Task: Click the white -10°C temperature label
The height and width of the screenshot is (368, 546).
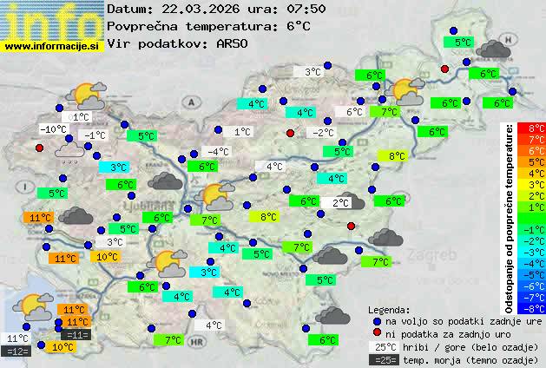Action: pyautogui.click(x=54, y=129)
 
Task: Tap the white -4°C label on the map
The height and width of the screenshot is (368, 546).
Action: pyautogui.click(x=218, y=152)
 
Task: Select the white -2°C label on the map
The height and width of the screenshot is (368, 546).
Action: pyautogui.click(x=324, y=133)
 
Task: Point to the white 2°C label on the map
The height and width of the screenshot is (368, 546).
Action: pyautogui.click(x=340, y=202)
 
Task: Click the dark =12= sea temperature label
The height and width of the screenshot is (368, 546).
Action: pyautogui.click(x=17, y=352)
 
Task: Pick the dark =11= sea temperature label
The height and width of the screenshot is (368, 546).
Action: pyautogui.click(x=76, y=335)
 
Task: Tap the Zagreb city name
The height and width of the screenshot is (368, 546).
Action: pyautogui.click(x=437, y=256)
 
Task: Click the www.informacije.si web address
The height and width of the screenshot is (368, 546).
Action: pyautogui.click(x=52, y=46)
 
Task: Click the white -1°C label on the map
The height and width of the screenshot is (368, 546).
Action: pyautogui.click(x=94, y=135)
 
